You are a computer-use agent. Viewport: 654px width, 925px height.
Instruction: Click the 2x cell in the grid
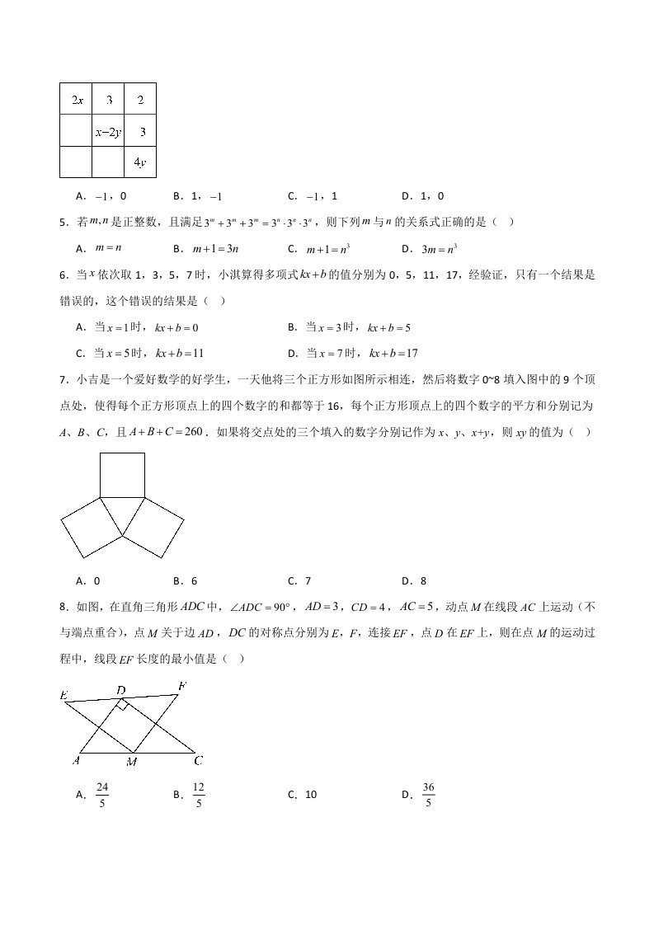coord(76,100)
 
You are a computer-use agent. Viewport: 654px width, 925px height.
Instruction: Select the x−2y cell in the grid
coord(108,131)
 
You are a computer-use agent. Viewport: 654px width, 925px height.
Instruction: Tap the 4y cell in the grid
coord(140,162)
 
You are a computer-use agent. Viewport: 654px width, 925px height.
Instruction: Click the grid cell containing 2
coord(140,100)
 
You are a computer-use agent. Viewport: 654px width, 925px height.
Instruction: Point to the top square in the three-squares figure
coord(123,475)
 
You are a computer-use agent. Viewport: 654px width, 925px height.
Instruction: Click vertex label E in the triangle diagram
coord(64,696)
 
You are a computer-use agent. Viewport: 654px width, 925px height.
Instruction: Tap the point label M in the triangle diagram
coord(132,762)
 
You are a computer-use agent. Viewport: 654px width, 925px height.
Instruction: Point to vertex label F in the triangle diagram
coord(182,686)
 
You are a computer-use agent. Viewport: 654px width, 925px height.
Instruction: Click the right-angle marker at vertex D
coord(123,705)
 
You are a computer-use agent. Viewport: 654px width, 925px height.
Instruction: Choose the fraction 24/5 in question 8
coord(102,795)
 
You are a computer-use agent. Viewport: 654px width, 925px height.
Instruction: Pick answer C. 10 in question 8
coord(302,795)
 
